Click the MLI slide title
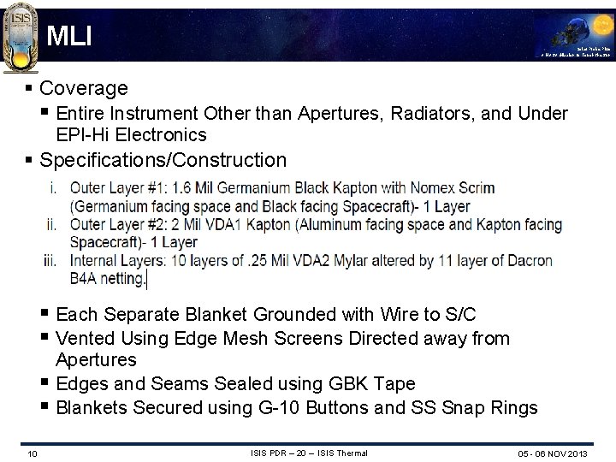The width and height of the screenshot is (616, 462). (69, 36)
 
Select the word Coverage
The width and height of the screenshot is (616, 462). (84, 88)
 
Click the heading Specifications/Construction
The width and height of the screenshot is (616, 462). (163, 160)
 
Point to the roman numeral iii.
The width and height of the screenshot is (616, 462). (52, 261)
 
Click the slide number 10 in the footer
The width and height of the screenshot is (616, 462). (32, 453)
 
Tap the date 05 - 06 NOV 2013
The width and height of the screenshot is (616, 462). (553, 453)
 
